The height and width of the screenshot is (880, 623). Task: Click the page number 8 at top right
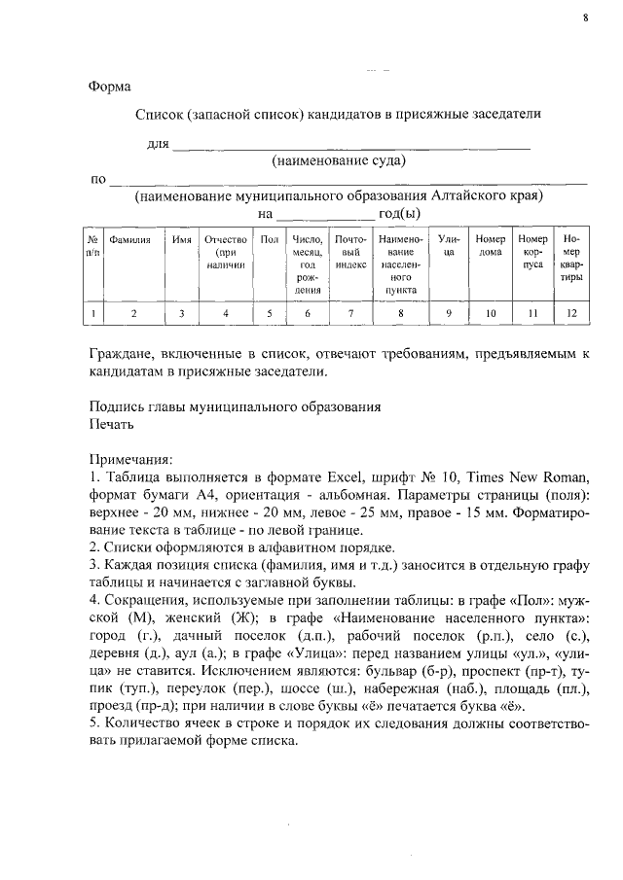(586, 17)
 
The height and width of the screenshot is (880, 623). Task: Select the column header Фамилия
(129, 239)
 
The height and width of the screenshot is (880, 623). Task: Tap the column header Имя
(181, 239)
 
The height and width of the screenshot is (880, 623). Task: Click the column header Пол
(270, 239)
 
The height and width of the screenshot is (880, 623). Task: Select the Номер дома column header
(491, 245)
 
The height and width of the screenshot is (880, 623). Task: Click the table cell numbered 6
(308, 313)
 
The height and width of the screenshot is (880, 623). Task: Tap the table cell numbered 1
(93, 313)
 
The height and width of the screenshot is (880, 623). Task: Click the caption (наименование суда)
(339, 160)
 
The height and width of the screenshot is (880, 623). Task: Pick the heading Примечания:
(131, 458)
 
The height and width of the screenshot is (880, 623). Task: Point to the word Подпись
(116, 405)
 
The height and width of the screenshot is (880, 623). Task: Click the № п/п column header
(93, 245)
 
